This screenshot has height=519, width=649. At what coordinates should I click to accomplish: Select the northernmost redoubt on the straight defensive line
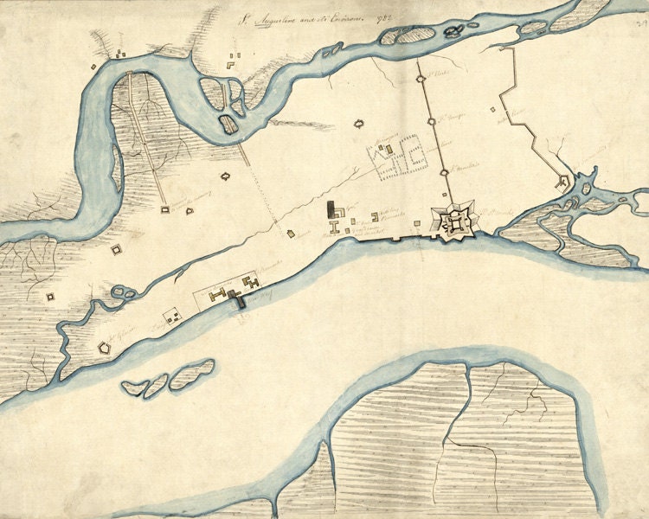(421, 79)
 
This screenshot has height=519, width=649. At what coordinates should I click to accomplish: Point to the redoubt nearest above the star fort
(445, 173)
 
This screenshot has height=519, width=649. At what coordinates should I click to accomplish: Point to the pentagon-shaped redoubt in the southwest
(106, 348)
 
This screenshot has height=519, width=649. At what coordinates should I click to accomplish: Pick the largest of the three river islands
(192, 373)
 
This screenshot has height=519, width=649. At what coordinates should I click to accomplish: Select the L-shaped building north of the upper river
(232, 61)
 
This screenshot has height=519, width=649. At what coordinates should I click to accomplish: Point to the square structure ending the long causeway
(164, 209)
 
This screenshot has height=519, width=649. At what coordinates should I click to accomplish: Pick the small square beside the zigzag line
(493, 110)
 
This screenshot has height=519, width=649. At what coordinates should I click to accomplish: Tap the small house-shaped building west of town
(227, 176)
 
